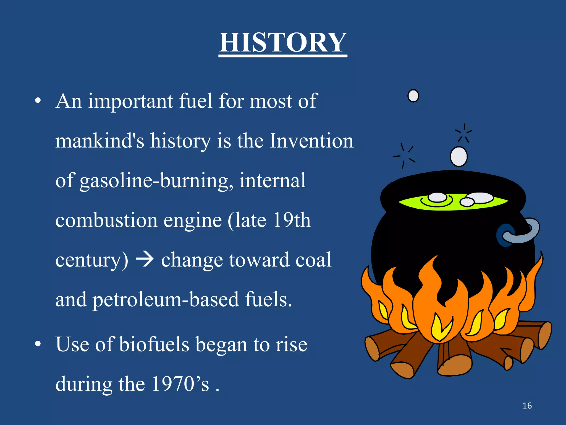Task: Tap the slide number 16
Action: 527,406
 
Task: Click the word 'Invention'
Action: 311,141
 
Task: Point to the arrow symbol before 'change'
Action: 145,260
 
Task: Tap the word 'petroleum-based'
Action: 165,300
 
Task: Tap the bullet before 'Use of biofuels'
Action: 38,344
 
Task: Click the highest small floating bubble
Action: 413,96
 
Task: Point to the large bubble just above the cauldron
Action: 459,157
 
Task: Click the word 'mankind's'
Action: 100,141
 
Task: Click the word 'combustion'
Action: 106,220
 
